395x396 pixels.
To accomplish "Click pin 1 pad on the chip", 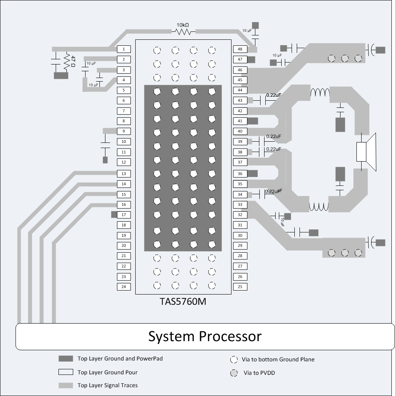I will tap(124, 49).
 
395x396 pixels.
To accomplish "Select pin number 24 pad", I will tap(124, 287).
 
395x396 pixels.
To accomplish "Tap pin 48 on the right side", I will tap(240, 49).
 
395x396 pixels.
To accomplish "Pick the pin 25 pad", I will tap(240, 287).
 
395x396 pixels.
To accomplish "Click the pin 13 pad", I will tap(124, 174).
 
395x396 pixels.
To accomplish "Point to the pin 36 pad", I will tap(240, 174).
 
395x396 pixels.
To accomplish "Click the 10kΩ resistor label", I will tap(183, 25).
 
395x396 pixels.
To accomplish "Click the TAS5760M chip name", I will tap(183, 302).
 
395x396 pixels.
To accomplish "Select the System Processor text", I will tap(205, 336).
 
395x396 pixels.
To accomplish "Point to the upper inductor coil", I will tap(320, 93).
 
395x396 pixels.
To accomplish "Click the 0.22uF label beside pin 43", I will tap(273, 95).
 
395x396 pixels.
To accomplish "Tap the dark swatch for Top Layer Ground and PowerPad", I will tap(66, 359).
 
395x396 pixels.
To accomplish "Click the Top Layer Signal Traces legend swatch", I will tap(66, 385).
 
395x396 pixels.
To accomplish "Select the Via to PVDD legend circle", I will tap(234, 373).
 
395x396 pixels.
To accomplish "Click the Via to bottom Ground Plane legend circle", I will tap(234, 359).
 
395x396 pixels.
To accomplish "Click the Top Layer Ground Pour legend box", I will tap(66, 372).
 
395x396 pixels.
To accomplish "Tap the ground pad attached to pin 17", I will tap(114, 215).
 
